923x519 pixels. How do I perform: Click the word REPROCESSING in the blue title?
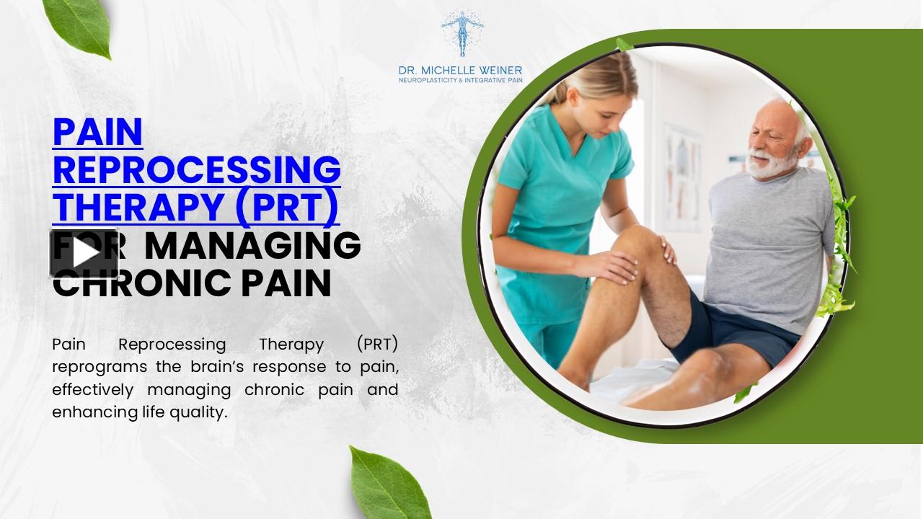tap(196, 169)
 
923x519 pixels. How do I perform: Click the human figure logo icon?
tap(462, 32)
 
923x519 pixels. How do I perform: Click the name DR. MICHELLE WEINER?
tap(460, 71)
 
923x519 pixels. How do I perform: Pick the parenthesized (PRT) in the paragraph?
tap(377, 343)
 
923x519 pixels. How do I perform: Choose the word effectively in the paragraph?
tap(93, 389)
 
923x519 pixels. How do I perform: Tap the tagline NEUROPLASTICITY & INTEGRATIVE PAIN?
tap(460, 80)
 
